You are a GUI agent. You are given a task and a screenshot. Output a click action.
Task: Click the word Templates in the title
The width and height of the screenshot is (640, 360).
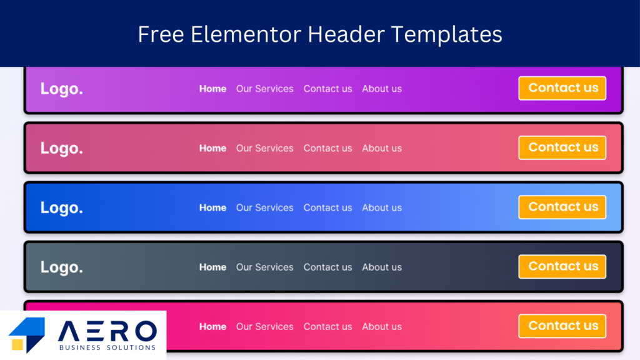pos(446,35)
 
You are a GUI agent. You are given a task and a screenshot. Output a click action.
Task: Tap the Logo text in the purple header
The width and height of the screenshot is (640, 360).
pos(62,89)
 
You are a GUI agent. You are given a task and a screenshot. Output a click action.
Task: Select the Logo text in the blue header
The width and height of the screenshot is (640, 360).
pos(62,208)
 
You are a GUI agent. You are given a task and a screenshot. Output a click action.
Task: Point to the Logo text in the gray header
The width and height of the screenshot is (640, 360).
pos(62,267)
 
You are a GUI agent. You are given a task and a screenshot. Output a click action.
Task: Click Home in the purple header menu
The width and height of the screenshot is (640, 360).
pos(212,89)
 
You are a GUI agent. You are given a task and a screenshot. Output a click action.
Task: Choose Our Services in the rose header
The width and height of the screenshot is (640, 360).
pos(264,148)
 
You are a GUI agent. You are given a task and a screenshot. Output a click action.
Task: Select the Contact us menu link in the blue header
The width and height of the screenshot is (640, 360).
pos(327,207)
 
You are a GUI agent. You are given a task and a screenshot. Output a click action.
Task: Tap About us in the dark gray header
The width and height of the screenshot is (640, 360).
pos(382,267)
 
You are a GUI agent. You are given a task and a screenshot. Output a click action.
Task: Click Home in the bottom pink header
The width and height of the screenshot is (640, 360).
pos(212,326)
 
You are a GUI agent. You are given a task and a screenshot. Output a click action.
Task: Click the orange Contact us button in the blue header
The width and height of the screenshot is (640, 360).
pos(562,207)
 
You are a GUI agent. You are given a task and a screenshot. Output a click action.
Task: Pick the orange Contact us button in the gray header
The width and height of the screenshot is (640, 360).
pos(562,266)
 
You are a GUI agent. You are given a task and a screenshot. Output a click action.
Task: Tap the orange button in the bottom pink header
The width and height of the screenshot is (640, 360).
pos(562,326)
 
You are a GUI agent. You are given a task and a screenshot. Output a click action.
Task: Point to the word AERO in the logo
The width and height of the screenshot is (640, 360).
pos(107,331)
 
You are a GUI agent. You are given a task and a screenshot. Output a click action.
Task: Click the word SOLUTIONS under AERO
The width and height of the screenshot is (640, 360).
pos(131,347)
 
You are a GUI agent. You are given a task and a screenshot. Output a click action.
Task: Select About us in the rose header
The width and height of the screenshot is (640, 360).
pos(382,148)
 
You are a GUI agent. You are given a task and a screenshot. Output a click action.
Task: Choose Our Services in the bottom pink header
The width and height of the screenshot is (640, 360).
pos(264,326)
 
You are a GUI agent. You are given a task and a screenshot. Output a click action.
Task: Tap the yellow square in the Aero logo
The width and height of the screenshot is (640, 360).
pos(17,345)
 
